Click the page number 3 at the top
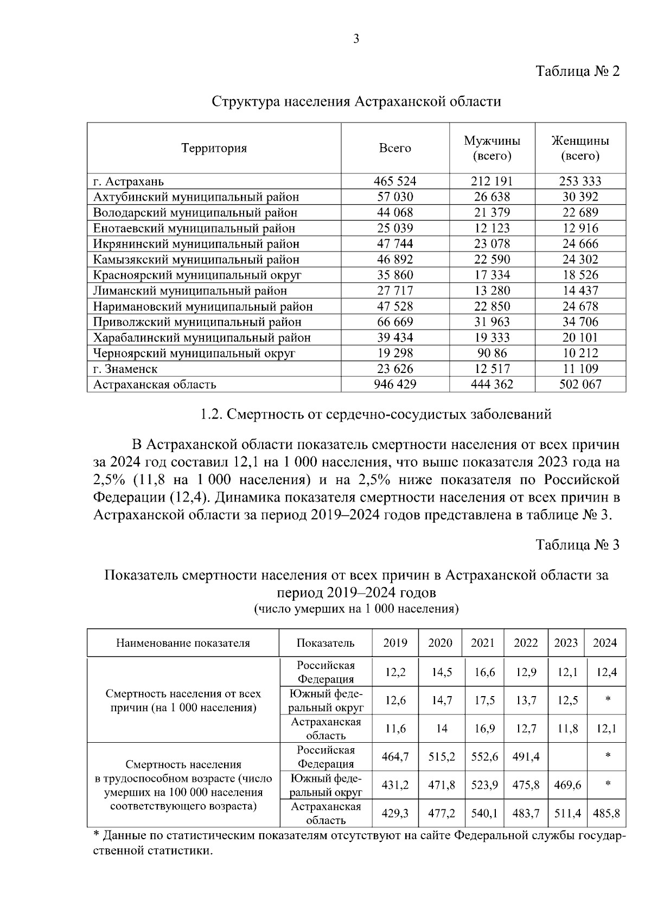coord(356,39)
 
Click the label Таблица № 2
coord(577,71)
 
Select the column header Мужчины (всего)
coord(492,148)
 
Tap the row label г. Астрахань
coord(128,181)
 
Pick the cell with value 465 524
coord(395,181)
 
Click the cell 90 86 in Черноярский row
coord(492,353)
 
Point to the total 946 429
coord(395,384)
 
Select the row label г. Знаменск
coord(125,369)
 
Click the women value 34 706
coord(580,321)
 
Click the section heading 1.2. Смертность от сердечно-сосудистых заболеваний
coord(376,415)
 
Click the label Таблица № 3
coord(577,544)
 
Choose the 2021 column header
coord(482,643)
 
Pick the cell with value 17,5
coord(484,700)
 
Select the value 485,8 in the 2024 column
coord(606,813)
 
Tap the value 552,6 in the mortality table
coord(484,756)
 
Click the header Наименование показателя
coord(183,643)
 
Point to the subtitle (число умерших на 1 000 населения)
coord(356,609)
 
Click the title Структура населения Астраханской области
coord(356,101)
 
